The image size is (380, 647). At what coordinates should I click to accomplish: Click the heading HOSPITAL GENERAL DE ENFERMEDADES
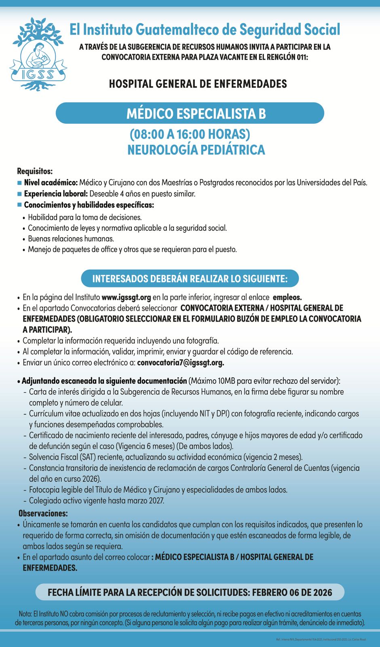tap(198, 84)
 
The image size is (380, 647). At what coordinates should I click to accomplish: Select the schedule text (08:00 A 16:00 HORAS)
tap(190, 134)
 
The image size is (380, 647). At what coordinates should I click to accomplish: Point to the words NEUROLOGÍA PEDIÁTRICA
tap(196, 150)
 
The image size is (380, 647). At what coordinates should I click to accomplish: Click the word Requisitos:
tap(35, 171)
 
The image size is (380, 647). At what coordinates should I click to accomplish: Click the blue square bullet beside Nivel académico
tap(19, 183)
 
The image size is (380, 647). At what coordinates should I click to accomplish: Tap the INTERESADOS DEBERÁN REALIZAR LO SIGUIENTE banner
tap(190, 279)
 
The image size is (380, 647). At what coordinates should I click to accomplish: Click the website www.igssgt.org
tap(126, 298)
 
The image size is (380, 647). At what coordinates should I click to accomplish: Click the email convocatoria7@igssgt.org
tap(180, 363)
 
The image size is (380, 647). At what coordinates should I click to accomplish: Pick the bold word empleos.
tap(287, 298)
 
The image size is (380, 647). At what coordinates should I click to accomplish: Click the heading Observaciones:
tap(43, 514)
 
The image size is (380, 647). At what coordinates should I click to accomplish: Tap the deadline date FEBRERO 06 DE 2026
tap(292, 593)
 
